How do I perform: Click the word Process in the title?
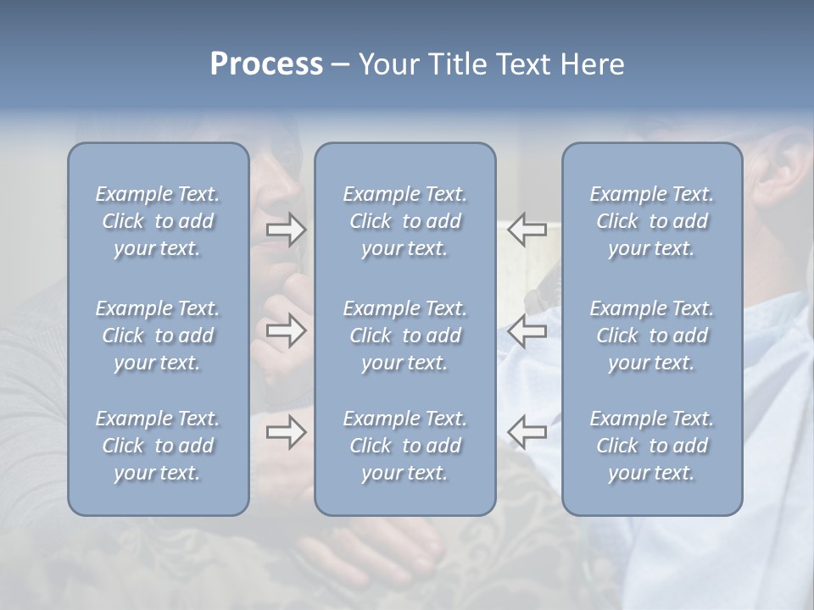tap(266, 64)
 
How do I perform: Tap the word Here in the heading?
tap(592, 64)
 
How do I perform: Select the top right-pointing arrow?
tap(286, 230)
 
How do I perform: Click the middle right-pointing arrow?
tap(286, 330)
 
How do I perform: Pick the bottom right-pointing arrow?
tap(286, 432)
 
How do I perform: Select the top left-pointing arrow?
tap(527, 230)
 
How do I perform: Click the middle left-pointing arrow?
tap(527, 330)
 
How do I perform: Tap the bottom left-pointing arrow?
tap(527, 432)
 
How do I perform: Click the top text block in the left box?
tap(158, 221)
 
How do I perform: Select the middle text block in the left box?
tap(158, 335)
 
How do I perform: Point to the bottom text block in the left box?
tap(158, 446)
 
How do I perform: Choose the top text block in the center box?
tap(404, 221)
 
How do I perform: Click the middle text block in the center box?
tap(404, 335)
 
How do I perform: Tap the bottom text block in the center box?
tap(404, 446)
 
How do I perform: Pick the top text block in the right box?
tap(651, 221)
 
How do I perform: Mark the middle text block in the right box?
tap(651, 335)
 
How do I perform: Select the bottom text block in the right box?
tap(651, 446)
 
